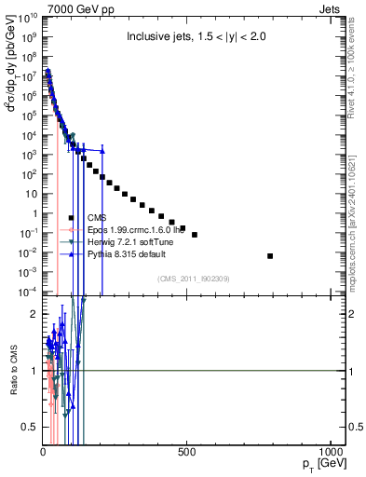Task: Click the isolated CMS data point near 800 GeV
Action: [270, 255]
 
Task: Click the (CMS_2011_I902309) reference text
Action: [189, 278]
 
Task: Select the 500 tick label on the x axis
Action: [186, 453]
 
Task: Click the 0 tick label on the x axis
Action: [44, 453]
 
